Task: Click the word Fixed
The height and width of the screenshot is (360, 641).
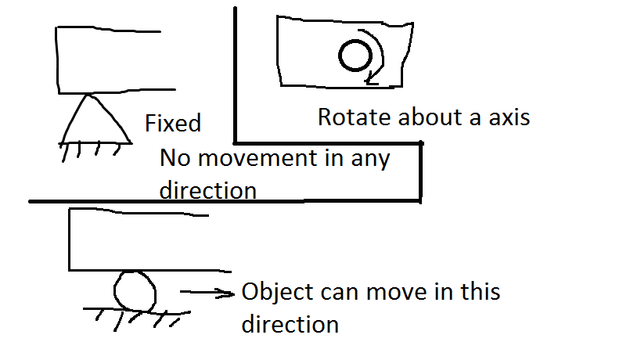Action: point(173,123)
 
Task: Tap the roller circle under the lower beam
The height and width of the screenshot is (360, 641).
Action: point(135,291)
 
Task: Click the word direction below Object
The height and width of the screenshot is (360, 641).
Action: point(290,324)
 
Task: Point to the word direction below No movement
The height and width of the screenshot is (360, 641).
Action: point(208,190)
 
